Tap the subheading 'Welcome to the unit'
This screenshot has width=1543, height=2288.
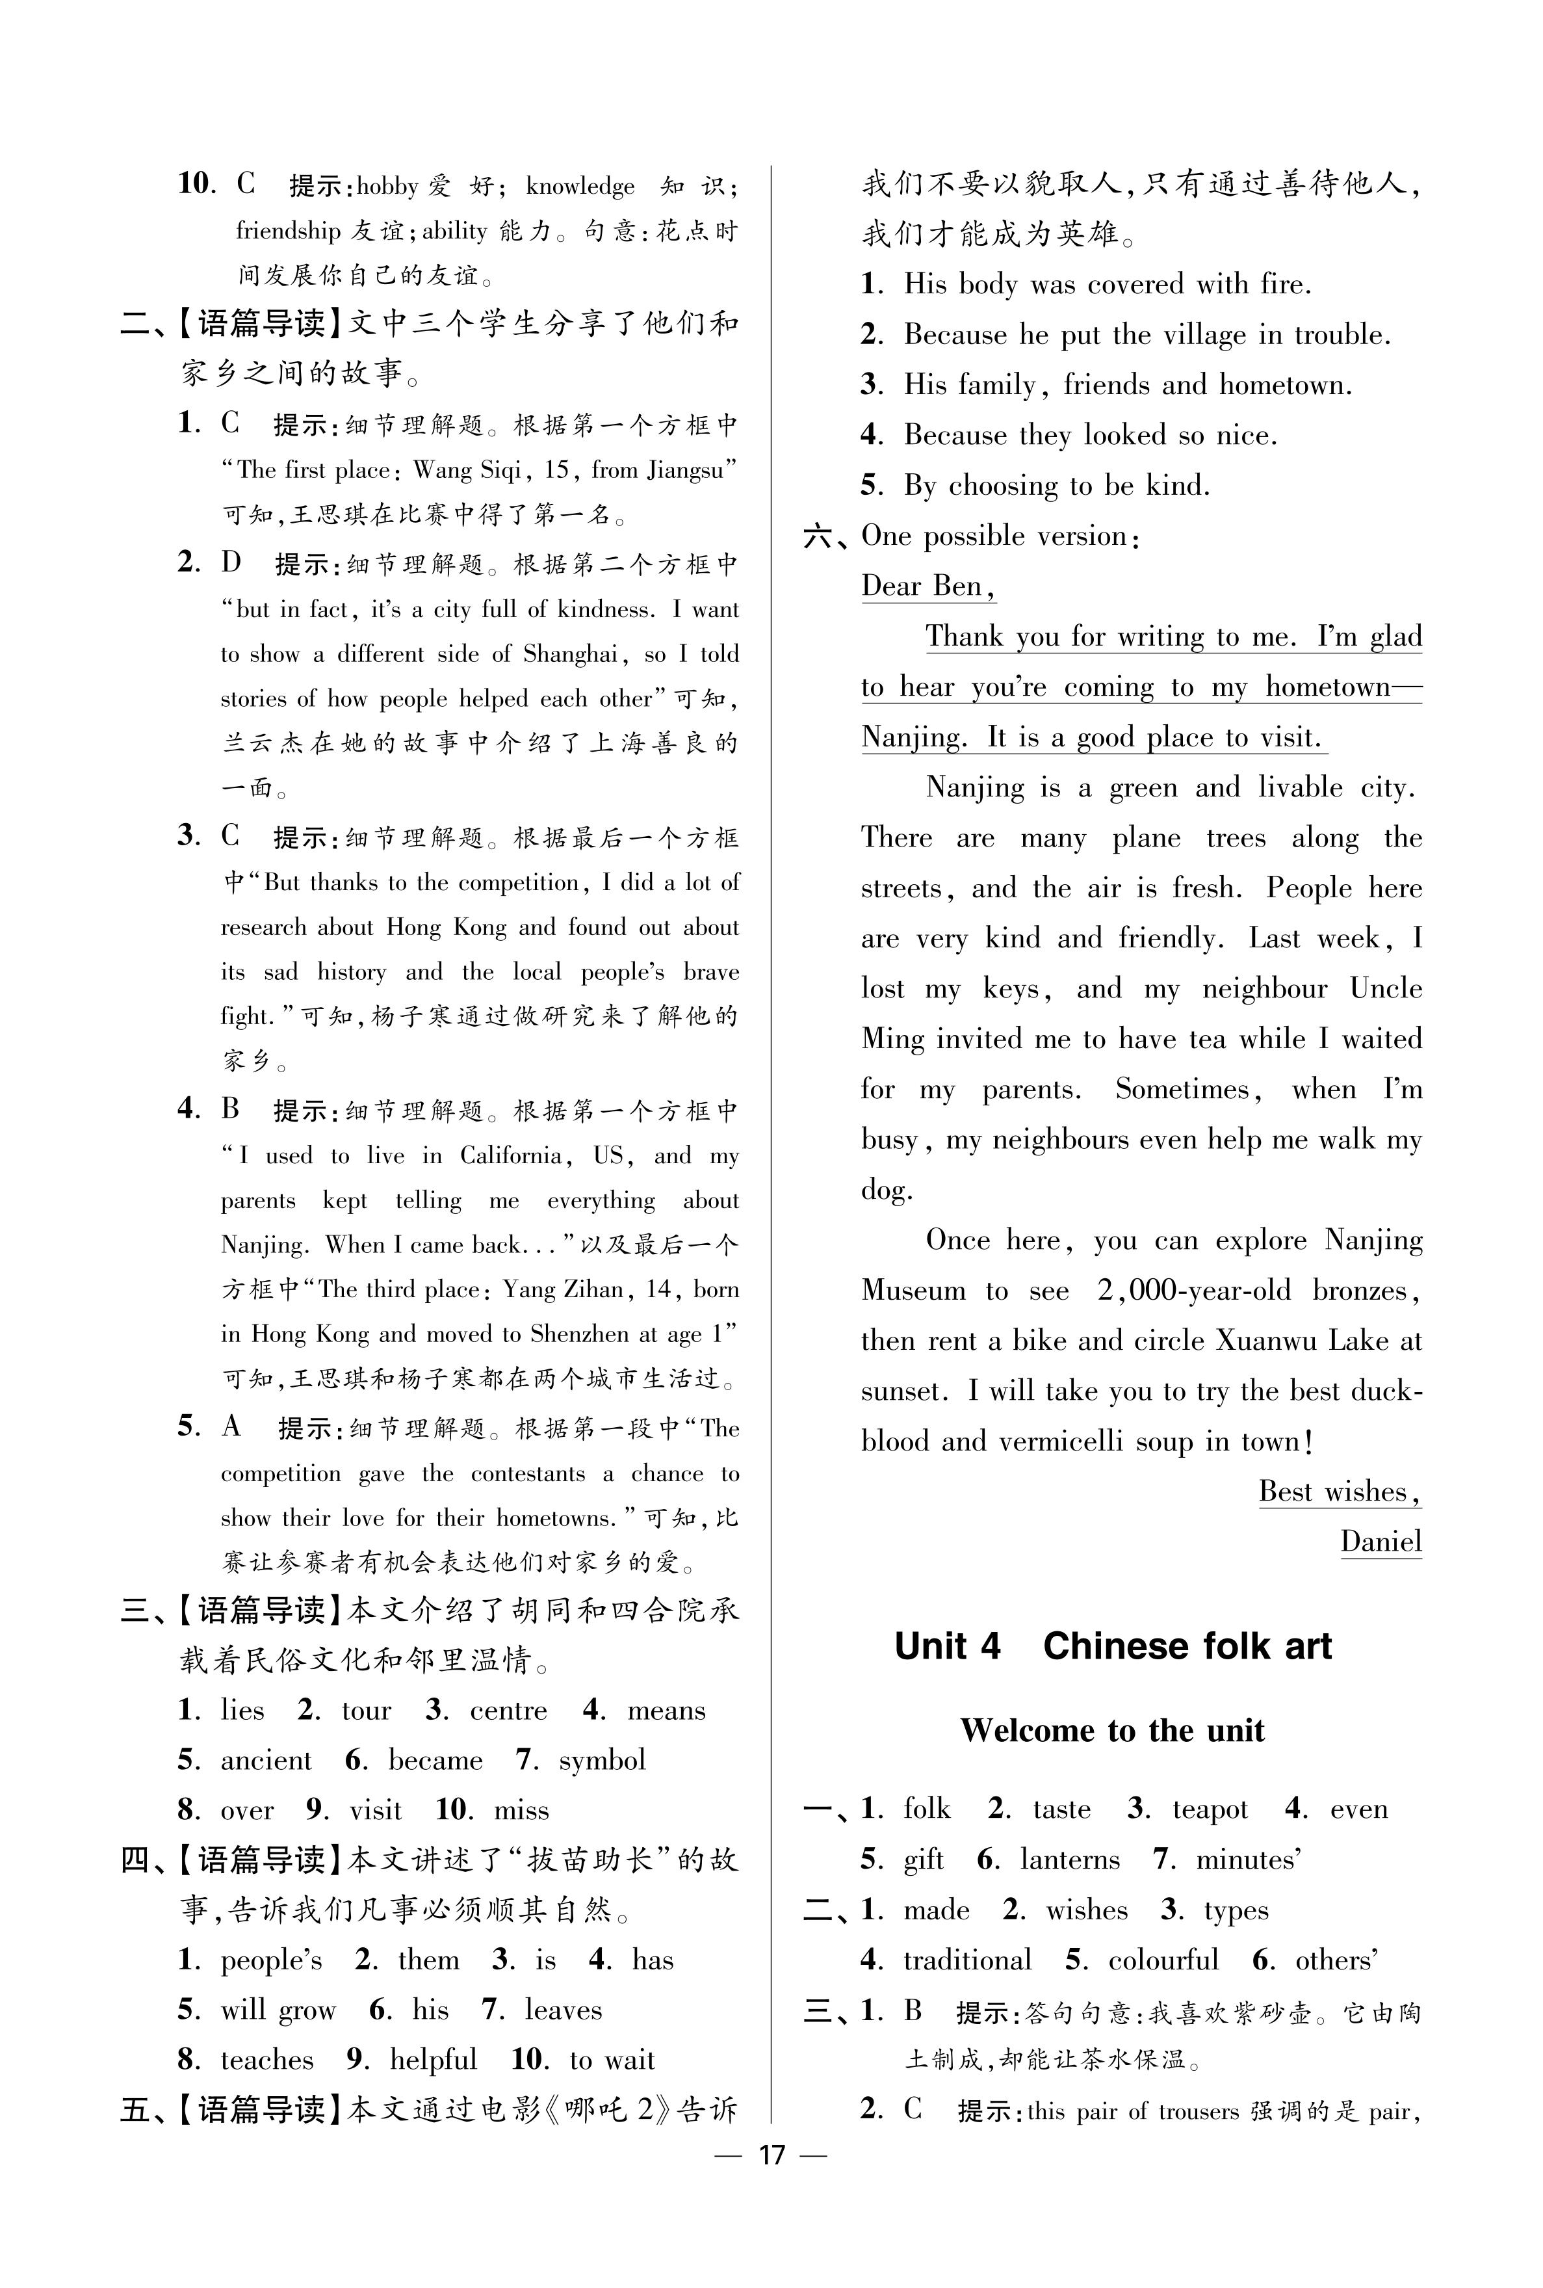point(1112,1730)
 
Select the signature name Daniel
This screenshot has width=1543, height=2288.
point(1381,1541)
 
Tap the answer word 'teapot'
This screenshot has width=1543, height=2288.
point(1210,1809)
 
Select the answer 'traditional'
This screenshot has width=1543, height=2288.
point(967,1959)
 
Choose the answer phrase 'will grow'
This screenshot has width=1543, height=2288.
point(278,2010)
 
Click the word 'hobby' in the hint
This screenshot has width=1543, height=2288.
point(388,186)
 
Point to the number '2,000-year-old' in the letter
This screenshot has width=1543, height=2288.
point(1194,1290)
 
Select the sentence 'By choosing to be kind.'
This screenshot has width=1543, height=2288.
point(1057,485)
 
